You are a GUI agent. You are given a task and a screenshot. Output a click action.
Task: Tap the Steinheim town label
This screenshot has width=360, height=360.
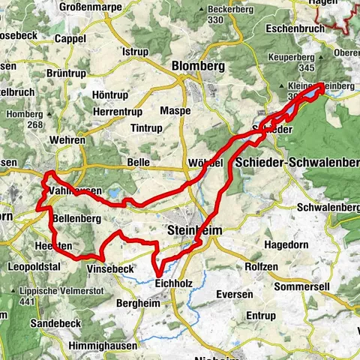click(x=193, y=232)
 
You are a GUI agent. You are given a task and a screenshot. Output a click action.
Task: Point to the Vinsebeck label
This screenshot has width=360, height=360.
click(x=109, y=268)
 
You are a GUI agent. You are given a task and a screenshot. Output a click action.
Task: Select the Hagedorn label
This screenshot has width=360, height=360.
click(x=292, y=244)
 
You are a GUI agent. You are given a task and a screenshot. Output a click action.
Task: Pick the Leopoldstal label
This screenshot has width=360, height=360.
click(x=34, y=267)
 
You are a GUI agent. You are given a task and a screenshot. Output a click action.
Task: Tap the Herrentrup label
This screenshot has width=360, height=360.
click(x=118, y=111)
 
